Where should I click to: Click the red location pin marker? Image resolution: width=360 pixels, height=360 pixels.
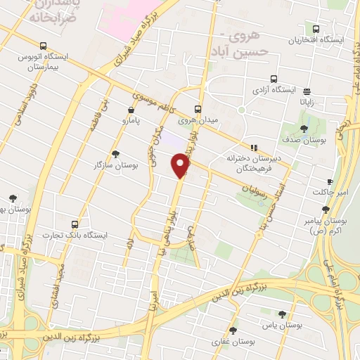click(181, 166)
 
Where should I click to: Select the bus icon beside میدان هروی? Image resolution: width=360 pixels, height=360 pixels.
click(198, 109)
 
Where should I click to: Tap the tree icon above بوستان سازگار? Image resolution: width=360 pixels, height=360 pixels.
click(115, 153)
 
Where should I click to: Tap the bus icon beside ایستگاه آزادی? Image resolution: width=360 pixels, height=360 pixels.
click(273, 79)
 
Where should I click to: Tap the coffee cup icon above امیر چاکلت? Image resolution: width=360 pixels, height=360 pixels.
click(330, 182)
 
